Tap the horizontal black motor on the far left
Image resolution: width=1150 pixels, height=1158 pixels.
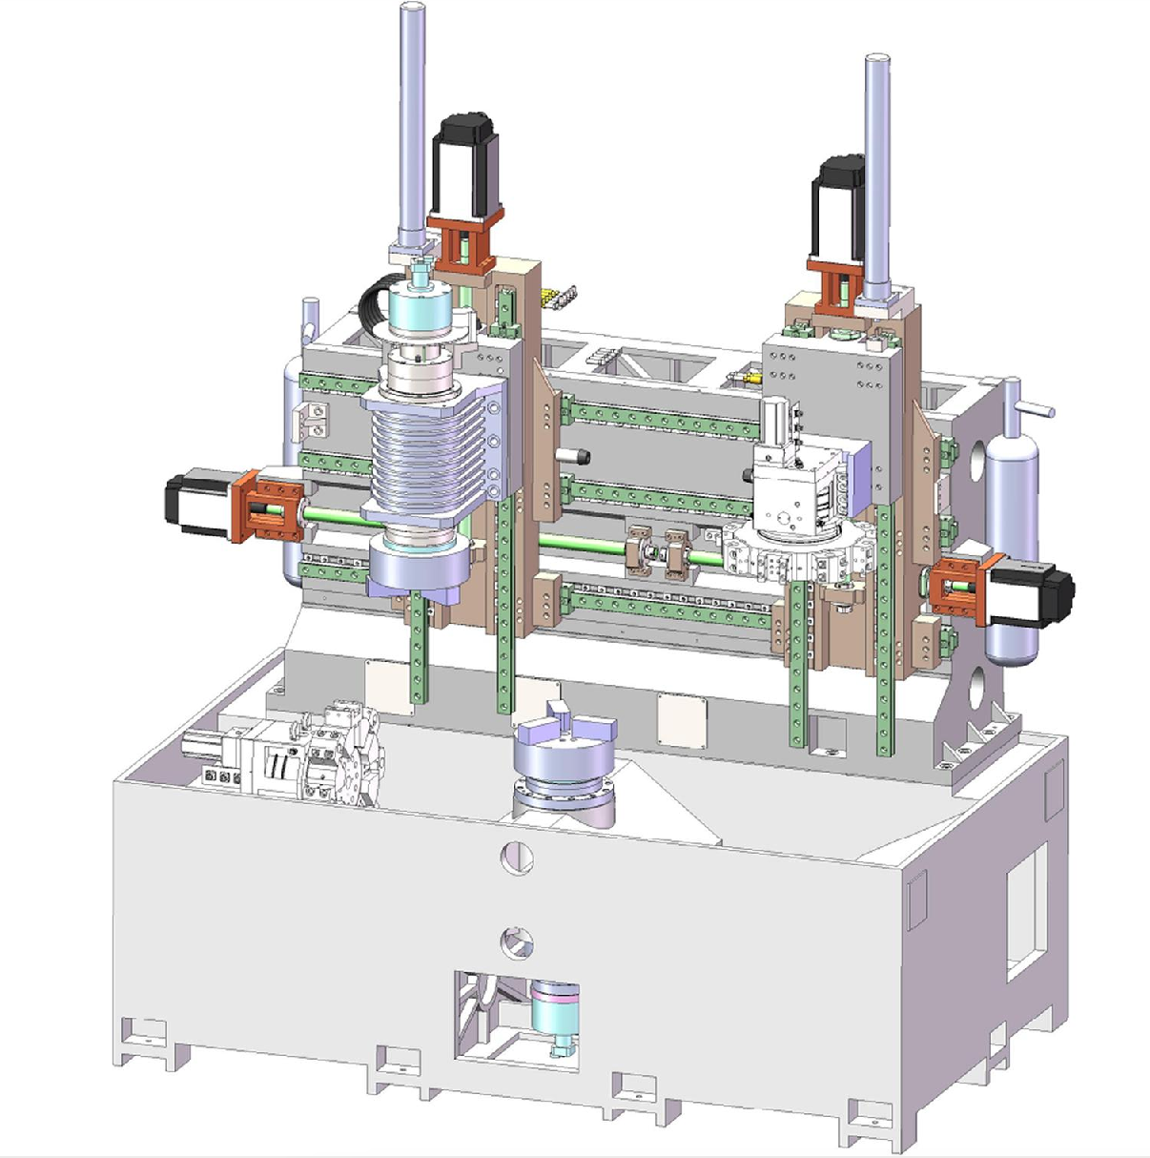(197, 500)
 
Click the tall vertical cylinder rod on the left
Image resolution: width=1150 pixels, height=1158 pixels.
(412, 124)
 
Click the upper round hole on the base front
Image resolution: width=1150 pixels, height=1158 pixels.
(517, 857)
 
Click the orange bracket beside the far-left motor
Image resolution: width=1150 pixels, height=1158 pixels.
(269, 503)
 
